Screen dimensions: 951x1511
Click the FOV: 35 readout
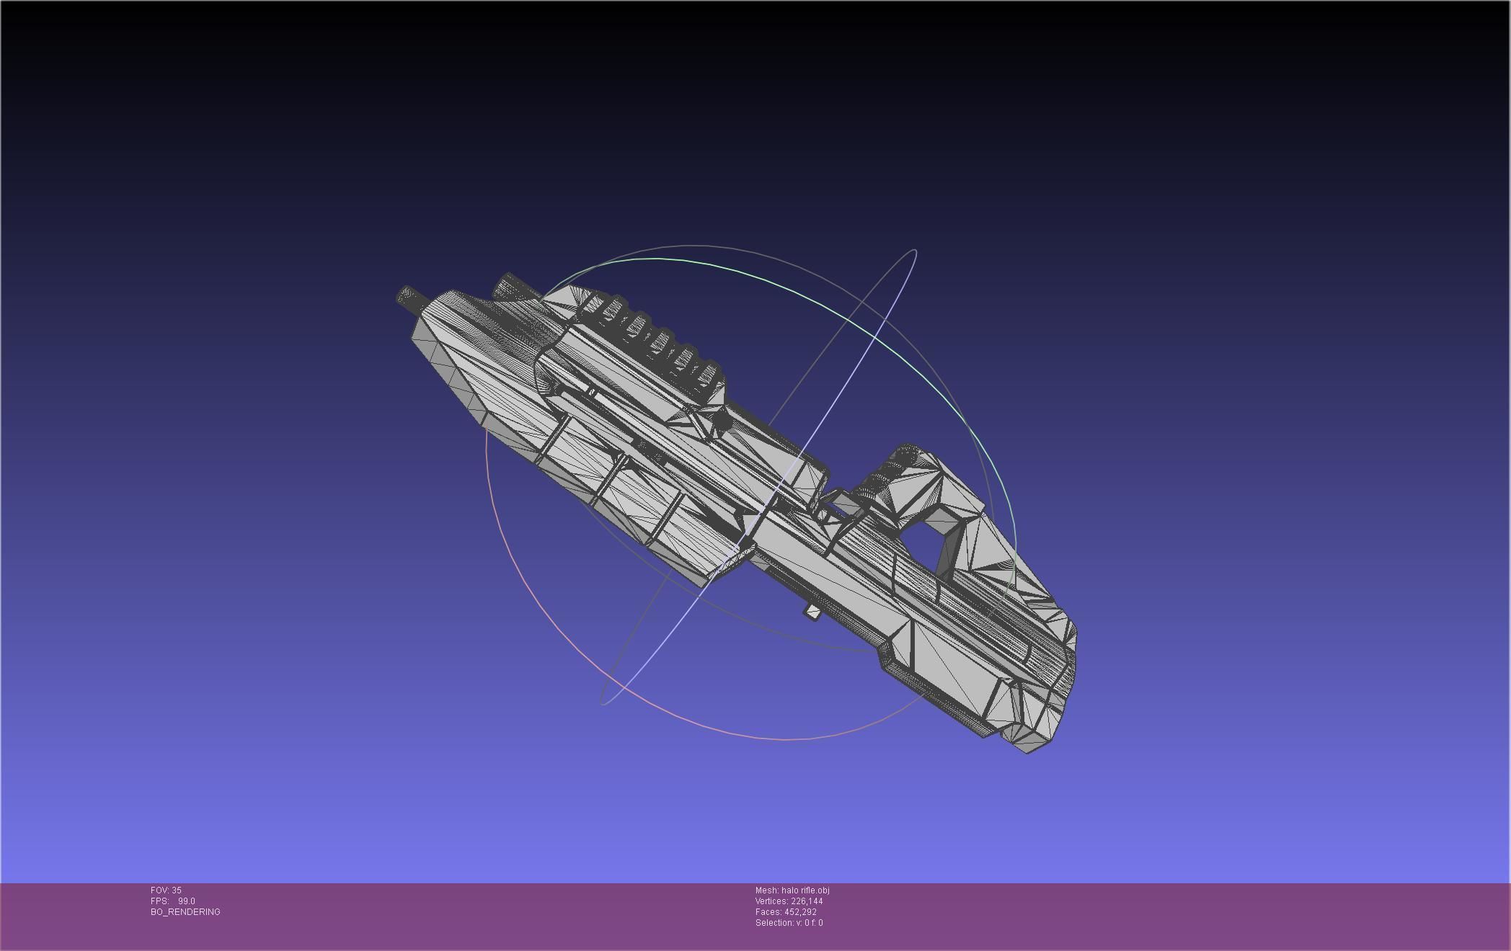point(166,890)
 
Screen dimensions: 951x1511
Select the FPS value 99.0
point(187,901)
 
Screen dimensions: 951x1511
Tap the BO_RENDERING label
point(185,912)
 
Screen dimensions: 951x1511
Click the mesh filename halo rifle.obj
point(805,890)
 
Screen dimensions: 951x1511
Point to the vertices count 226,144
point(807,901)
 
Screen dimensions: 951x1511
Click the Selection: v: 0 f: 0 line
point(789,923)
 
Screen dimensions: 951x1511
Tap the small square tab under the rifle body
point(813,612)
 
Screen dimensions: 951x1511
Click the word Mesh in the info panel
point(766,890)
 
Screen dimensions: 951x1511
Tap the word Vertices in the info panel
point(771,901)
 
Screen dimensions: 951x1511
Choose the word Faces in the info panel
point(768,912)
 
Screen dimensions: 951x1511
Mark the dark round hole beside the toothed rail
point(591,393)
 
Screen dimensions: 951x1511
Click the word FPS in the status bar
point(159,901)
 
